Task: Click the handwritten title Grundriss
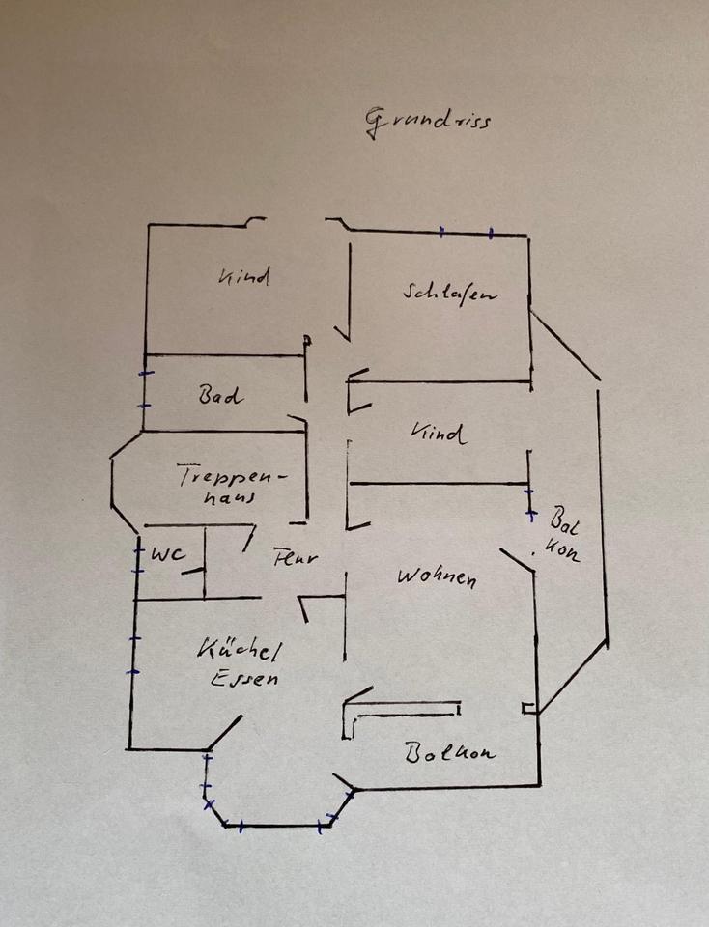coord(428,122)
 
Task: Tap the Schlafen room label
coord(450,292)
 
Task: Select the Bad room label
coord(221,395)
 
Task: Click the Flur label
coord(295,557)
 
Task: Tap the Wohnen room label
coord(437,578)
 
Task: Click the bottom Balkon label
coord(449,752)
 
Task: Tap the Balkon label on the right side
coord(562,534)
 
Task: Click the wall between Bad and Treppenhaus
coord(222,431)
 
